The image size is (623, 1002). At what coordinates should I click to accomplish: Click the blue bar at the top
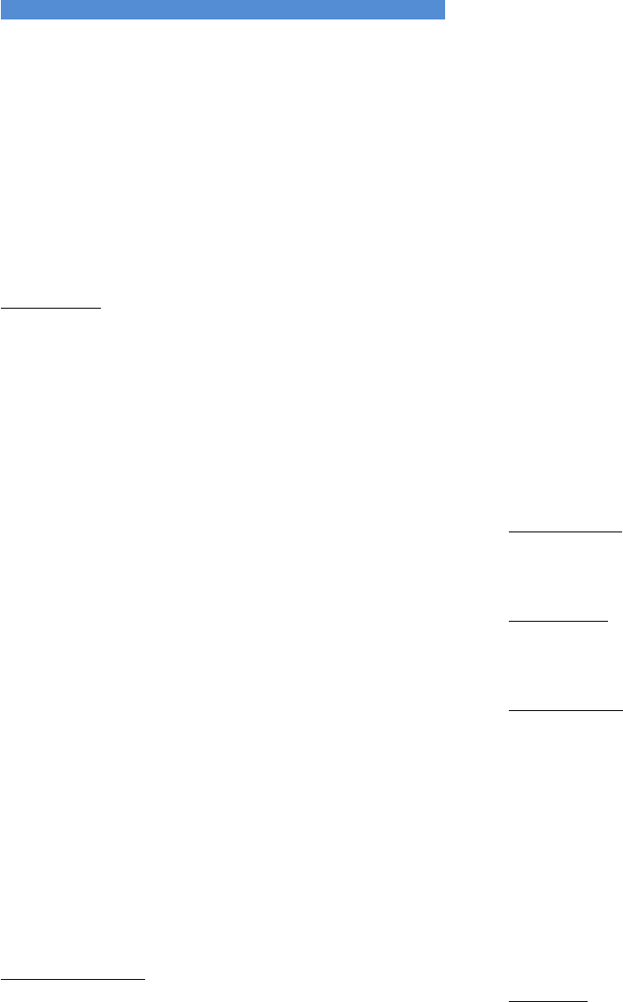[221, 10]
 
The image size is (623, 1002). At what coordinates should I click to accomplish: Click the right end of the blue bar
[442, 10]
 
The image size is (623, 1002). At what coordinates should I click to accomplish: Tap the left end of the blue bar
[2, 10]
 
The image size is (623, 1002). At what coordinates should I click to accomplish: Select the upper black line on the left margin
[51, 308]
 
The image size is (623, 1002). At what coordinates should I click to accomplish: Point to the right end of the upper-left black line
[102, 308]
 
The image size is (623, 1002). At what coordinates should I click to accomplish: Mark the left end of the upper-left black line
[1, 308]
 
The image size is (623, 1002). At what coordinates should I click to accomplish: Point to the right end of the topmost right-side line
[621, 532]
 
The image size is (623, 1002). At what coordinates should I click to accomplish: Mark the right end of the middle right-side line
[609, 621]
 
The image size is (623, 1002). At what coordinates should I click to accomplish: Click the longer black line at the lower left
[73, 979]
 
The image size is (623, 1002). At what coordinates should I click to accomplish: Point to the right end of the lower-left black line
[144, 979]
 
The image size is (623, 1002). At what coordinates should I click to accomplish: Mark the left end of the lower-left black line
[1, 979]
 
